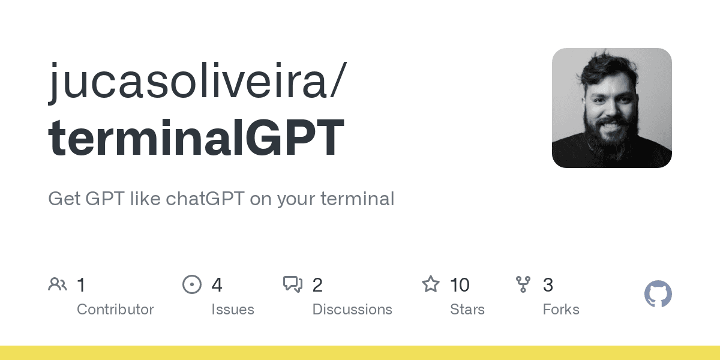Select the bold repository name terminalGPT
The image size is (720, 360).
pos(196,138)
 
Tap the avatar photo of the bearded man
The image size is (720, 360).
pos(611,108)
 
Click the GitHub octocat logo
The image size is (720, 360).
pos(658,295)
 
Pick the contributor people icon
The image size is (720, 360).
pos(58,284)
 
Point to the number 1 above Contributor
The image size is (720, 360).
pos(82,285)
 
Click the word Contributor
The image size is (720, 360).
pos(115,310)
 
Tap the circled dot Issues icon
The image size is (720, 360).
pos(191,284)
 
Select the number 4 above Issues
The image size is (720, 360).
pos(217,285)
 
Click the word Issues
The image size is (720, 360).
pos(232,310)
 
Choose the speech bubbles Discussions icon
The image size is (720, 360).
pos(293,284)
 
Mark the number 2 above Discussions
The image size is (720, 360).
pos(317,285)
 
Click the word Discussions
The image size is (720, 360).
pos(352,310)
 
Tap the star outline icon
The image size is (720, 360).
pos(431,284)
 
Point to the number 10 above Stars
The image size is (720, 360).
pos(460,285)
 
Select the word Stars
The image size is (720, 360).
pos(467,310)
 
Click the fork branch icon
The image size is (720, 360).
pos(523,284)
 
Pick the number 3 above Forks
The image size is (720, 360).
pos(548,285)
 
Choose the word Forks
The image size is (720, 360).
pos(561,310)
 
